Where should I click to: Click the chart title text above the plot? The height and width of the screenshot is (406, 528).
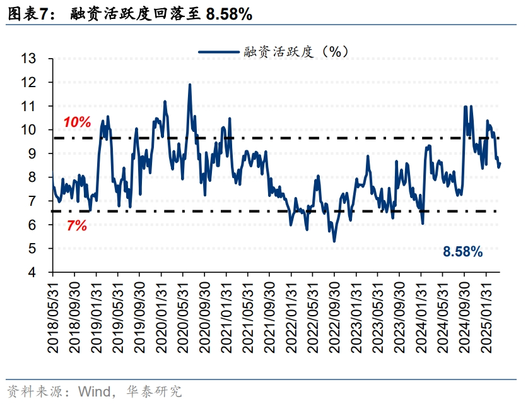(129, 13)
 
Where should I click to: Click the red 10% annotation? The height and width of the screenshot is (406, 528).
(77, 122)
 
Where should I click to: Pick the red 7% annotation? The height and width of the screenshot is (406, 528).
(76, 225)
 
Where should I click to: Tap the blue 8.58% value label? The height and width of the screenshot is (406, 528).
(462, 253)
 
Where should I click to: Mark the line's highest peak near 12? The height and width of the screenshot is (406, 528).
(190, 85)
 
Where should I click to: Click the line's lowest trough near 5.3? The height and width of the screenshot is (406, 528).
(334, 241)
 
